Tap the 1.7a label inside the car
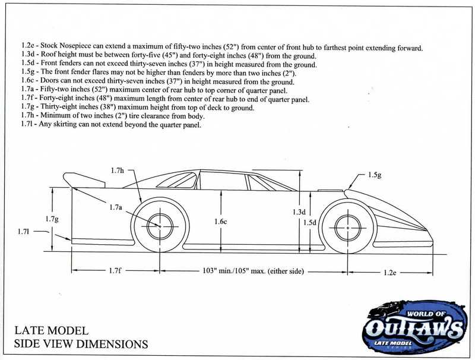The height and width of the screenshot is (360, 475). [x=116, y=207]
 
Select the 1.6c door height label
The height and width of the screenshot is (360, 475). [x=220, y=222]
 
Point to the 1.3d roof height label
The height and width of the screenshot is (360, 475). [x=299, y=212]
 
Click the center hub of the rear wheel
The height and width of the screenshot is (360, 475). [x=159, y=226]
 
